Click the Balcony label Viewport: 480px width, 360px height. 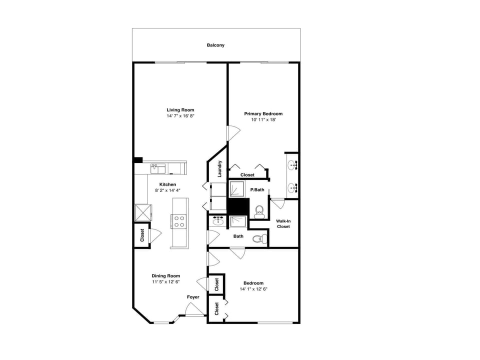click(215, 45)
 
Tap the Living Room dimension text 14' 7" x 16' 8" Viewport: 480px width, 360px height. click(180, 116)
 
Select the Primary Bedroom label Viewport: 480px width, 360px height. click(263, 113)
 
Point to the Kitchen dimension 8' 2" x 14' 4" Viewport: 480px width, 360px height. click(167, 190)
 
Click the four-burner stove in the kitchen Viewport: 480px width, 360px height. click(178, 221)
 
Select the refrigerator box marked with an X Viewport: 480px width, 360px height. click(143, 213)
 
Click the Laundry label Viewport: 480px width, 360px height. click(219, 168)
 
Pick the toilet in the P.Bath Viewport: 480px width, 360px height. click(259, 212)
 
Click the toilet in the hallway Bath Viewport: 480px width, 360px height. click(257, 239)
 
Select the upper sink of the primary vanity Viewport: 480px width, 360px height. click(292, 163)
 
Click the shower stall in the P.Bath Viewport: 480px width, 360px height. click(237, 189)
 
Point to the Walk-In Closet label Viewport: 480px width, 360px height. click(283, 223)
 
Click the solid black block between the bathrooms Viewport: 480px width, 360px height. click(238, 205)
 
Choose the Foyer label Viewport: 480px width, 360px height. click(193, 297)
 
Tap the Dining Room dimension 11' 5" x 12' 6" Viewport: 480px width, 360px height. click(165, 282)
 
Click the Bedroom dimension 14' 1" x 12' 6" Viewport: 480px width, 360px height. click(253, 289)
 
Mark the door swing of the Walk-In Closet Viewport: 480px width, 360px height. click(277, 203)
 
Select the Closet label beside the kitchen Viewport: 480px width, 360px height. click(142, 234)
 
